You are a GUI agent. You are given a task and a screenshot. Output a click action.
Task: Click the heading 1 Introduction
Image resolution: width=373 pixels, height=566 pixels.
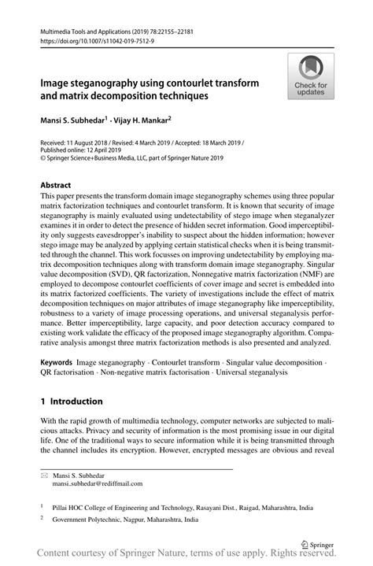coord(72,401)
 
